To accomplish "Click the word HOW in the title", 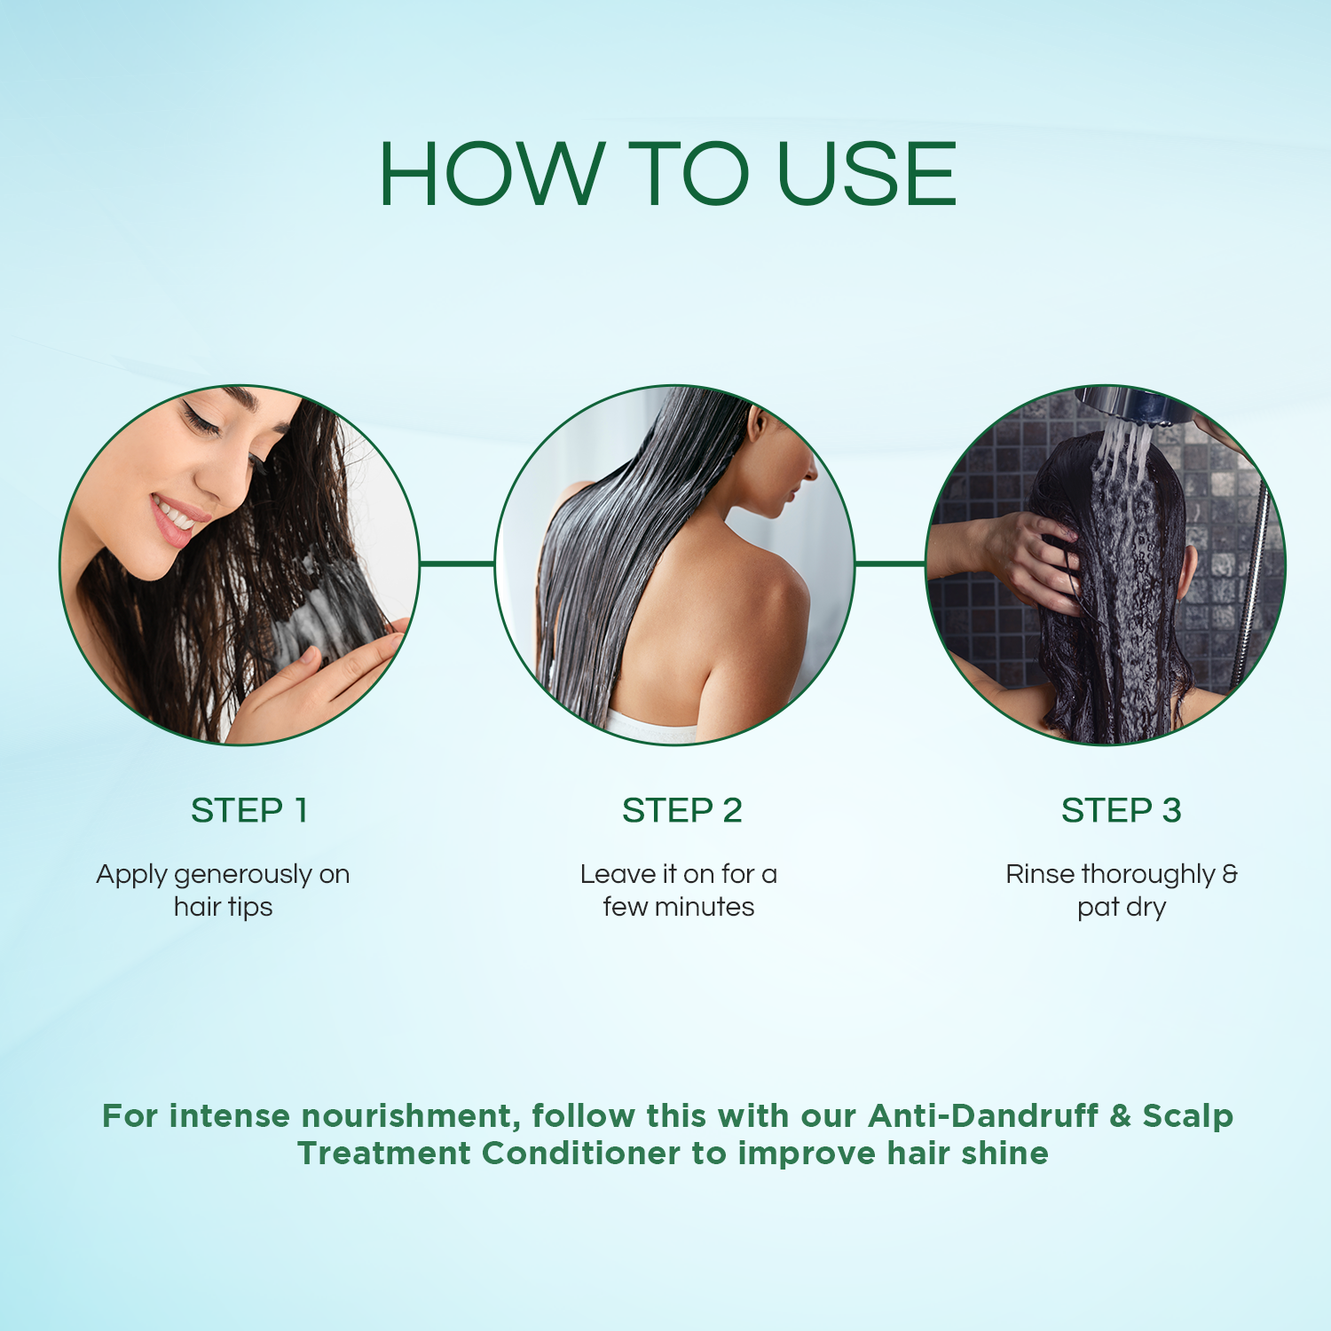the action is pos(492,174).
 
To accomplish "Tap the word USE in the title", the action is pos(867,174).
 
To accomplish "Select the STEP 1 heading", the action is pos(249,810).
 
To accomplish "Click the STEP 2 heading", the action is pos(681,810).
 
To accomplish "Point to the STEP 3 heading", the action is pos(1122,810).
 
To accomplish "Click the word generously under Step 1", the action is pos(243,876).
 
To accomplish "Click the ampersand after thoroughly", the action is pos(1230,874).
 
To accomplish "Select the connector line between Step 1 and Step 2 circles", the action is pos(456,563).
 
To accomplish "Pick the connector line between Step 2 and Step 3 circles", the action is pos(890,563).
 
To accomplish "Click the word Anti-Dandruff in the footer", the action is pos(983,1115).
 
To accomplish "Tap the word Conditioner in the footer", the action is pos(582,1153).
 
